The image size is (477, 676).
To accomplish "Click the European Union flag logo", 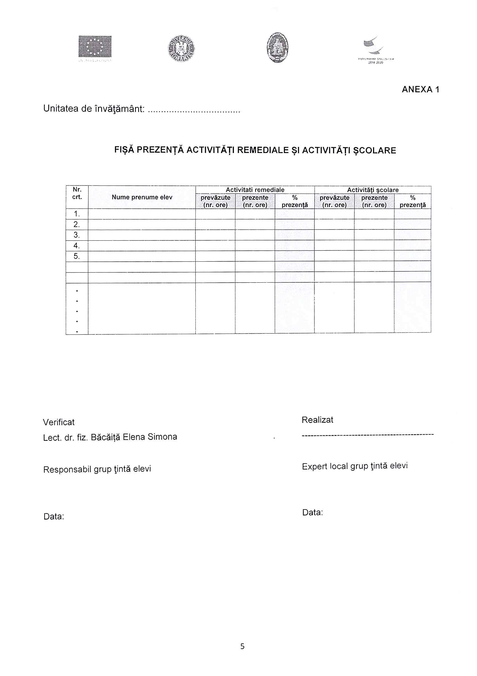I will (x=95, y=47).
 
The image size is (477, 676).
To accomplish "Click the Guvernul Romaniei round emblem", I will (x=181, y=49).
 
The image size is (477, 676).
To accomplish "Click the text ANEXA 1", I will (x=420, y=89).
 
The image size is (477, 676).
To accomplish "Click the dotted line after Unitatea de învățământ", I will (x=194, y=111).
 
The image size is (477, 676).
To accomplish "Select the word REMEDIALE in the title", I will (x=263, y=150).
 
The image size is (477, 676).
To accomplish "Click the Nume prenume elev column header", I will (x=142, y=197).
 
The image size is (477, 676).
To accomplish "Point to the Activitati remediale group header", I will (x=255, y=190).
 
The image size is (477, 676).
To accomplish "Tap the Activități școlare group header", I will (x=372, y=190).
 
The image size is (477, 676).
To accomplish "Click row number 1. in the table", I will (x=77, y=214).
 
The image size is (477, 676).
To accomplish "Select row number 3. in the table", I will (x=77, y=235).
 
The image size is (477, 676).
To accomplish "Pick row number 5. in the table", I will (x=77, y=256).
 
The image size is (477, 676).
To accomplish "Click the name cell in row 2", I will (x=142, y=224).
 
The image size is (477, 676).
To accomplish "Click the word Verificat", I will (x=59, y=422).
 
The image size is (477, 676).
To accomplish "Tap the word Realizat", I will (x=317, y=420).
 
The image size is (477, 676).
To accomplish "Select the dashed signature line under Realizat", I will (x=368, y=434).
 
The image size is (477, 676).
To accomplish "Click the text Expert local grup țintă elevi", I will (x=355, y=466).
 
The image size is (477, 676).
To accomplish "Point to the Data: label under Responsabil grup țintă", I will (x=53, y=516).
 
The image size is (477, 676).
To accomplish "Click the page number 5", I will (x=242, y=646).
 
